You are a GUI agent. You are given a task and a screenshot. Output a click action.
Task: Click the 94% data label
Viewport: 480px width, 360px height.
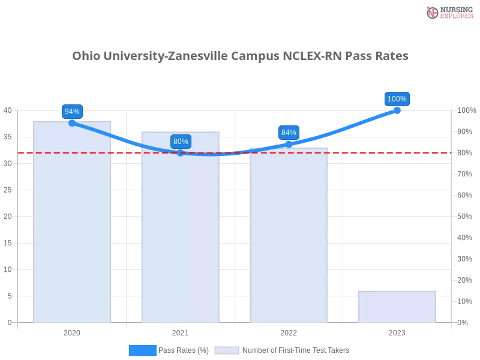tap(72, 111)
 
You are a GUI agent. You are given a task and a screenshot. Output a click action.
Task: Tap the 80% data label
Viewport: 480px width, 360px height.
tap(181, 142)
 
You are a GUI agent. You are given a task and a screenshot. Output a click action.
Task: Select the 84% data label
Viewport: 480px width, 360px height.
tap(289, 132)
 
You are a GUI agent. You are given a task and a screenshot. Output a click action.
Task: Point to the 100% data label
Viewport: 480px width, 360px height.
tap(397, 99)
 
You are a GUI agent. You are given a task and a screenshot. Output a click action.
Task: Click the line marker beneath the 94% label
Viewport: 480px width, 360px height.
tap(72, 123)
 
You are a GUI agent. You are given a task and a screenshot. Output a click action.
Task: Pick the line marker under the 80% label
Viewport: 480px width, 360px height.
tap(181, 153)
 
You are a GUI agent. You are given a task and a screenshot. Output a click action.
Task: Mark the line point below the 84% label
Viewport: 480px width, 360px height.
tap(289, 144)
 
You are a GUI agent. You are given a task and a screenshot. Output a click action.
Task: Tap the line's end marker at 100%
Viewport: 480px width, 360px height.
tap(397, 110)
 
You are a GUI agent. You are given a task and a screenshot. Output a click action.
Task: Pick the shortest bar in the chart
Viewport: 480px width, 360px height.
tap(396, 307)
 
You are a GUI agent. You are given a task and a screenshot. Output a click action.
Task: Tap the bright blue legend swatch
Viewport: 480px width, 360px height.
tap(143, 350)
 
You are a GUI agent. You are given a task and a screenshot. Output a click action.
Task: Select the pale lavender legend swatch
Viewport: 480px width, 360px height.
tap(227, 350)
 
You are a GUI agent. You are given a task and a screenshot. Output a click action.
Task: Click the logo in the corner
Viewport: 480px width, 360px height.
tap(448, 12)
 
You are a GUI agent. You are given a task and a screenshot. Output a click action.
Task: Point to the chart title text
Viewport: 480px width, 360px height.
tap(242, 56)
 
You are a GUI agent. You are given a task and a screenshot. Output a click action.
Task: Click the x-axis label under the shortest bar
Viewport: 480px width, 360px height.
tap(397, 331)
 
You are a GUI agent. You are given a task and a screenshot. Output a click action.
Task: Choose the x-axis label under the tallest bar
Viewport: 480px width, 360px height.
tap(72, 331)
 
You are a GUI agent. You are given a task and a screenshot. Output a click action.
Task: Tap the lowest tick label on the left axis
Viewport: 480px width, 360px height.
tap(9, 322)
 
